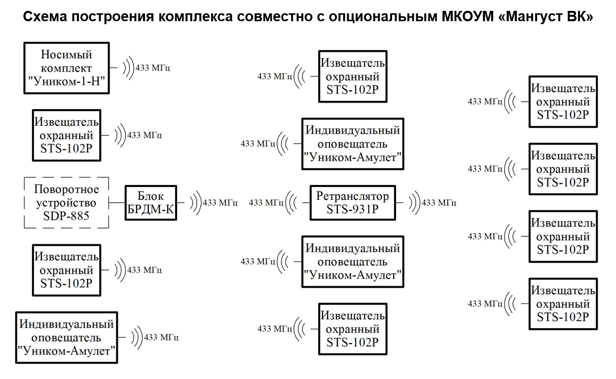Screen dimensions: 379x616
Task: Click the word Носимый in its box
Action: pyautogui.click(x=67, y=54)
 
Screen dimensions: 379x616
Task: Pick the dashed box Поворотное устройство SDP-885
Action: pyautogui.click(x=67, y=202)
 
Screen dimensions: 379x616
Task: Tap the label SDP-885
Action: pyautogui.click(x=67, y=216)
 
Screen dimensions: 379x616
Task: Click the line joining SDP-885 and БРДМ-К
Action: pyautogui.click(x=117, y=202)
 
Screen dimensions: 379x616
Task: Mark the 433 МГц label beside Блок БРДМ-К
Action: pyautogui.click(x=220, y=202)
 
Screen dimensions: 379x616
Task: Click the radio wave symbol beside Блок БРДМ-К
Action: pyautogui.click(x=195, y=202)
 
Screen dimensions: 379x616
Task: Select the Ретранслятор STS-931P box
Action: pyautogui.click(x=353, y=202)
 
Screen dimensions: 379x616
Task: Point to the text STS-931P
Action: pyautogui.click(x=353, y=209)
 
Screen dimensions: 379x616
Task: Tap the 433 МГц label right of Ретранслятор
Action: pyautogui.click(x=439, y=202)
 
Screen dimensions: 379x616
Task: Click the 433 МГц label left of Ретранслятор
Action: pyautogui.click(x=266, y=202)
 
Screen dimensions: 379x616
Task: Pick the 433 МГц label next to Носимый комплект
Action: pyautogui.click(x=153, y=68)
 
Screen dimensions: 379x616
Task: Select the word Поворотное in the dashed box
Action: pyautogui.click(x=67, y=189)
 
